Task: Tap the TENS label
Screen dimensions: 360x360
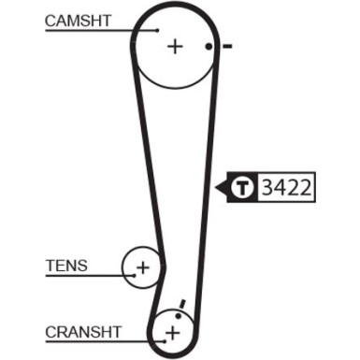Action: click(x=66, y=266)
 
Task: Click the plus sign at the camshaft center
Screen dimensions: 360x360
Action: click(x=174, y=45)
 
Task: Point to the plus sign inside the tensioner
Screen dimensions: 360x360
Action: click(x=142, y=268)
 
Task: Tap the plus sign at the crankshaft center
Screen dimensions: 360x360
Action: click(x=172, y=333)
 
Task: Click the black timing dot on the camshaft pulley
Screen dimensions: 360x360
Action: click(x=209, y=45)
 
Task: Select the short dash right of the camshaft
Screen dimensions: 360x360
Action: click(x=227, y=45)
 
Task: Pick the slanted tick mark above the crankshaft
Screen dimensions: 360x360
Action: click(x=183, y=305)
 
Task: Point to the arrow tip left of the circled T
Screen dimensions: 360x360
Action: click(x=218, y=188)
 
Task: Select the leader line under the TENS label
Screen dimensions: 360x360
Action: click(x=84, y=278)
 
